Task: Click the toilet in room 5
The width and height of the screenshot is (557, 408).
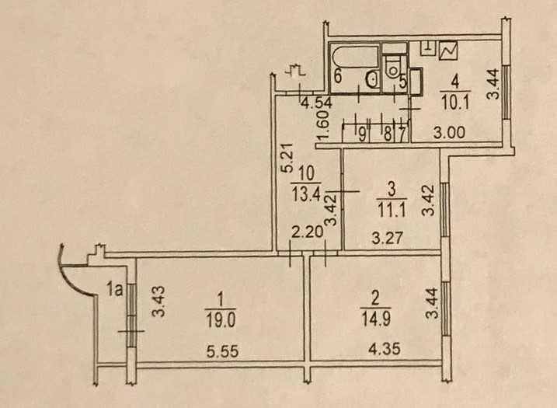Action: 394,62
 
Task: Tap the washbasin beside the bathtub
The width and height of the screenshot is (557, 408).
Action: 371,78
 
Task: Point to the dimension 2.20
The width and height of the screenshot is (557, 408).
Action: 305,231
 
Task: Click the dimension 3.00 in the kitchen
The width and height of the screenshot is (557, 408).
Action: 450,132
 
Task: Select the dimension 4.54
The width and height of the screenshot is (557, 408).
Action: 317,101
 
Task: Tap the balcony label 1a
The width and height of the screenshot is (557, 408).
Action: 115,292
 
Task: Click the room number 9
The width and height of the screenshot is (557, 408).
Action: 362,132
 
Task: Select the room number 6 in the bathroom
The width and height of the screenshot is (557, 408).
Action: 339,76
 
